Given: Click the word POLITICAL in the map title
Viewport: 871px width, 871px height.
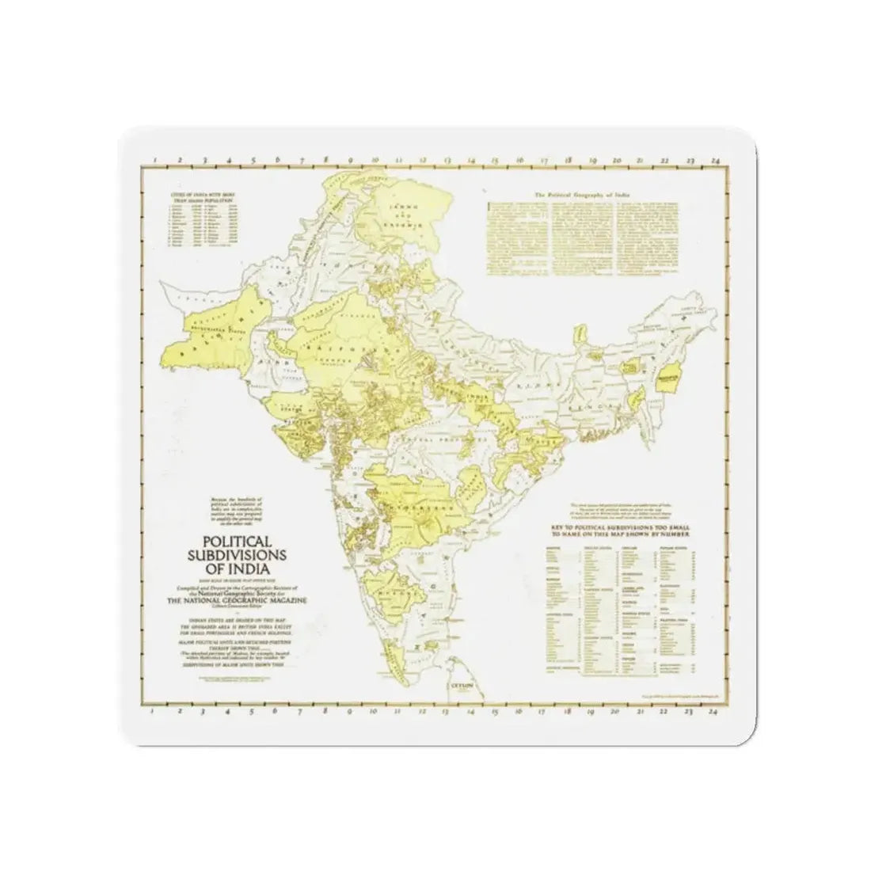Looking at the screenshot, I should pos(230,541).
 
